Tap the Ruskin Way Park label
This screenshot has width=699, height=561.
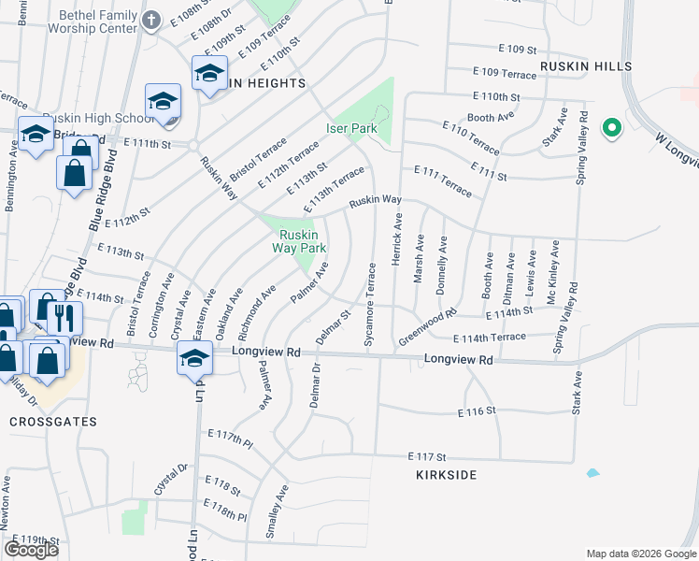(x=299, y=241)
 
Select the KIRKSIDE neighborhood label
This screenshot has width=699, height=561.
(x=447, y=475)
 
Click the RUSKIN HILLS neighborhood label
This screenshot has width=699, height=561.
(x=586, y=66)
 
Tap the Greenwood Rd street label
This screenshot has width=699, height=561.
(x=426, y=327)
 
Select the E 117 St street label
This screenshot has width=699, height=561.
(x=429, y=455)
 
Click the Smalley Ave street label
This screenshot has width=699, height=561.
(x=274, y=511)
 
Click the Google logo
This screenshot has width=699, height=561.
(x=31, y=550)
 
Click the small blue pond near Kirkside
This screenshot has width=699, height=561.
(x=592, y=473)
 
